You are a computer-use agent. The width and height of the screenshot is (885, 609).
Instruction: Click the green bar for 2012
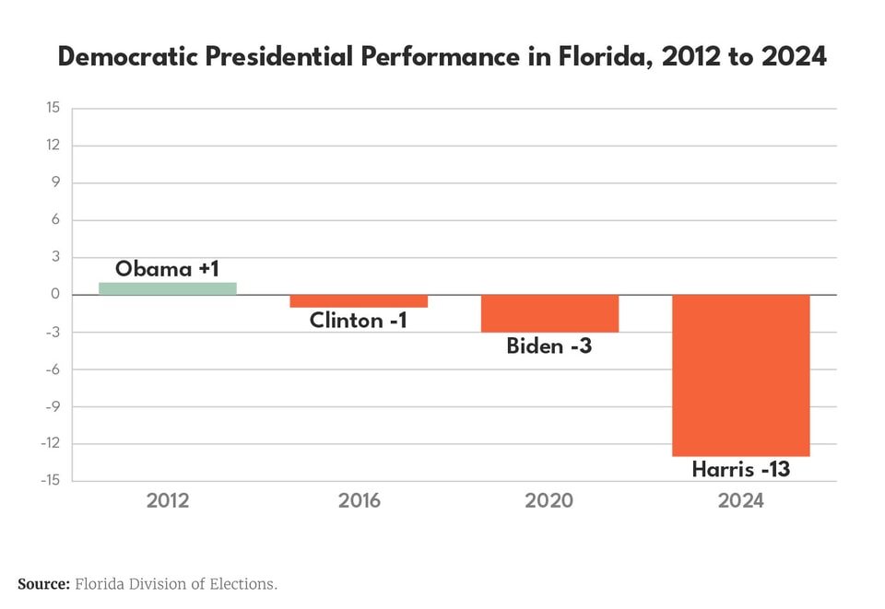(x=168, y=288)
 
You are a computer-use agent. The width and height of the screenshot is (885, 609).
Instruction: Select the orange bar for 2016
(x=359, y=301)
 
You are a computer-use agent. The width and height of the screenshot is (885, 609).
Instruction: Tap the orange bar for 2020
(x=549, y=313)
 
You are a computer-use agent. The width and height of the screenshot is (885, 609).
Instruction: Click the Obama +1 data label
(x=167, y=269)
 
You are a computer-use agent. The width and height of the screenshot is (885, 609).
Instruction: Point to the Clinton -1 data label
(x=358, y=321)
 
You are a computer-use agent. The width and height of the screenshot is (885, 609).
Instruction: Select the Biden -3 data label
(x=549, y=346)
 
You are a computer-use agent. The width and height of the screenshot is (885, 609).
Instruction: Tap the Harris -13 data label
(x=740, y=469)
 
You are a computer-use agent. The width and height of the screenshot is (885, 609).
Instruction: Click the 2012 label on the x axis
(x=168, y=501)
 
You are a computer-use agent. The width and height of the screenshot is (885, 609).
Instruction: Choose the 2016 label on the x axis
(x=359, y=501)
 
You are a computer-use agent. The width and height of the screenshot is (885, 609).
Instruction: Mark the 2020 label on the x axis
(x=549, y=501)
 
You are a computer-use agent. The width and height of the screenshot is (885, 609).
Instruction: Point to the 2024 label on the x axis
(x=740, y=501)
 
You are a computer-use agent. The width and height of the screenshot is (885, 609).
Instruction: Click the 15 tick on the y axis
(x=53, y=108)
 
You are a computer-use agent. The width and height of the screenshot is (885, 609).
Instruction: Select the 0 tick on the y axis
(x=55, y=295)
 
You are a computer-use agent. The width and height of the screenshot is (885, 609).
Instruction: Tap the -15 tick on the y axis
(x=50, y=481)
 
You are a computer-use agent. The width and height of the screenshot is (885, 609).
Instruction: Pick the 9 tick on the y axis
(x=55, y=182)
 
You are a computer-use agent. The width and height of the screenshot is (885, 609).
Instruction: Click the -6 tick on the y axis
(x=52, y=369)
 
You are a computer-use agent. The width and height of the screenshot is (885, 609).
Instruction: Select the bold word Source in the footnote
(x=43, y=584)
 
